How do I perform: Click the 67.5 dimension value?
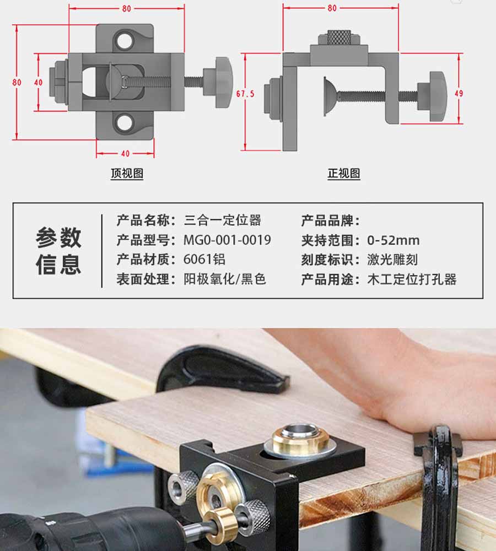[245, 94]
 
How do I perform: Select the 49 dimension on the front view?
[459, 94]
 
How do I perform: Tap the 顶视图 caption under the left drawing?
[127, 173]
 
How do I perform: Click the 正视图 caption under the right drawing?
[344, 173]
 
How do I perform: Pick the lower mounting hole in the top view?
[124, 122]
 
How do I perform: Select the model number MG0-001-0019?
[227, 240]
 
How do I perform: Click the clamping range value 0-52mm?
[393, 240]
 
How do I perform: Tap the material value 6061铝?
[204, 260]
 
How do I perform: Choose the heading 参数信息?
[58, 251]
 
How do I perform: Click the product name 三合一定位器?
[223, 220]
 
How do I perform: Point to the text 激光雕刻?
[392, 260]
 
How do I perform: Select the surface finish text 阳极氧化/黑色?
[225, 279]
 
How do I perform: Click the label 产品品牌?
[331, 221]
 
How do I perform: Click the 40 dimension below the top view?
[125, 154]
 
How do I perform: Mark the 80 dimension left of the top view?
[17, 82]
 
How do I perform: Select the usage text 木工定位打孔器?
[412, 279]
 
